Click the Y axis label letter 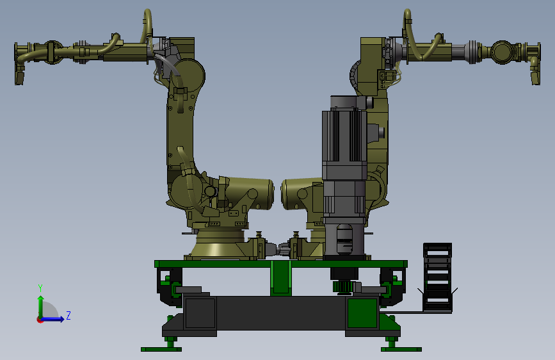pyautogui.click(x=40, y=288)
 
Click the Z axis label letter pyautogui.click(x=68, y=315)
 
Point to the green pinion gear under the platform pyautogui.click(x=342, y=286)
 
